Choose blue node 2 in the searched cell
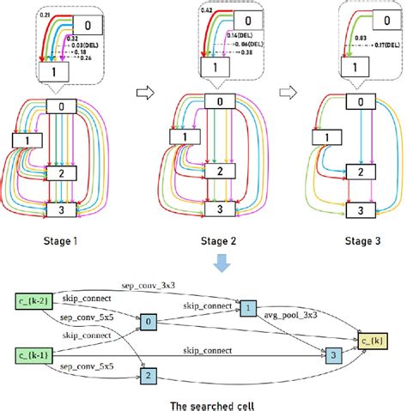149,375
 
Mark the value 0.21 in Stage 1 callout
45,16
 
